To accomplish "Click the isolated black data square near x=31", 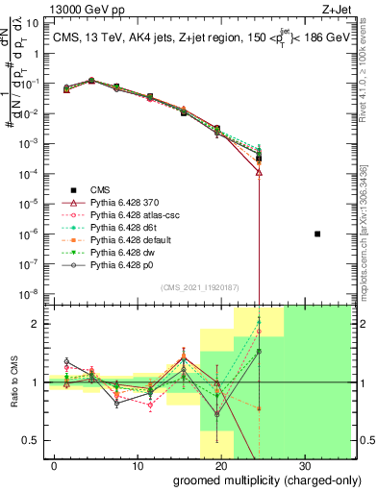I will tap(318, 234).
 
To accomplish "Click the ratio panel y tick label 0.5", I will tap(34, 440).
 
